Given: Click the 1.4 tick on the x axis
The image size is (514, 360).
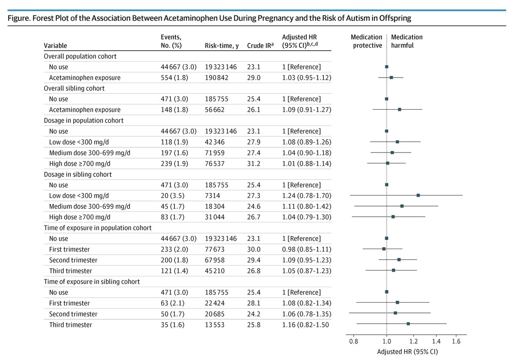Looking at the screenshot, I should tap(436, 342).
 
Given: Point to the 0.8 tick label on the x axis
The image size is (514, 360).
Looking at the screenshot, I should tap(354, 342).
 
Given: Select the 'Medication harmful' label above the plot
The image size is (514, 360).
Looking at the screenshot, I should tap(406, 41).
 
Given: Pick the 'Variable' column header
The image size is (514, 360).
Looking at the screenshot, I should tap(55, 45).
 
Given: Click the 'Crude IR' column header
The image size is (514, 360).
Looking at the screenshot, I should tap(260, 45).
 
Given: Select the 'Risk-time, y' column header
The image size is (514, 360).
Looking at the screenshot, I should tap(222, 45).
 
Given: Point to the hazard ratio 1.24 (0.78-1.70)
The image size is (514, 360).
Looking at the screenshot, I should tap(306, 195).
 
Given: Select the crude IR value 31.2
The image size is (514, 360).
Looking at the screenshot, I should tap(253, 163).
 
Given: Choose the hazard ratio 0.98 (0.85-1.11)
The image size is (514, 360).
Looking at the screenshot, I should tap(306, 249).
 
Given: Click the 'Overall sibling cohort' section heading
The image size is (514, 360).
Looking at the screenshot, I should tap(74, 88).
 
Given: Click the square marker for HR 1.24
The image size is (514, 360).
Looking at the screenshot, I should tap(418, 195).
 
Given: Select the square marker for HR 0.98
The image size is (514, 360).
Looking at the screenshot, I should tap(384, 249).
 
